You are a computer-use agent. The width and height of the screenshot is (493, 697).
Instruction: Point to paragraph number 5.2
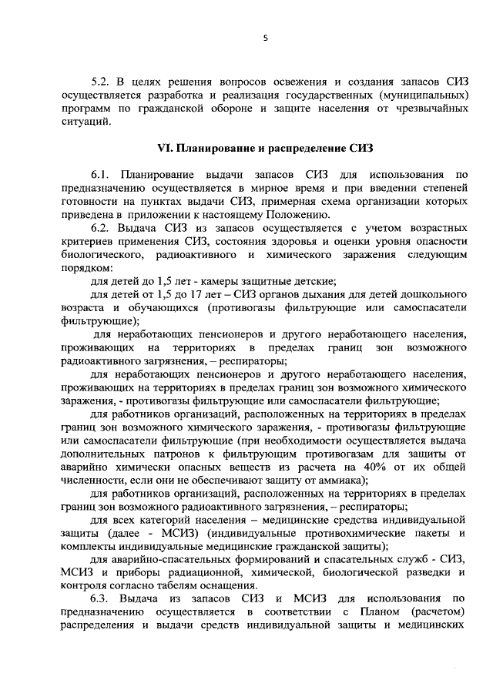click(101, 81)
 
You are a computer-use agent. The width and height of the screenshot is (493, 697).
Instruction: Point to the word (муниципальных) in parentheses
click(421, 95)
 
